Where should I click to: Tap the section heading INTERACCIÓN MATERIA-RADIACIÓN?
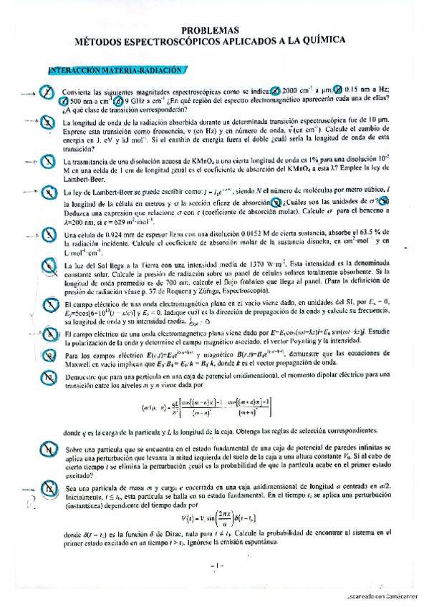tap(115, 70)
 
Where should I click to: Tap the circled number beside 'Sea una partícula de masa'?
tap(48, 489)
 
